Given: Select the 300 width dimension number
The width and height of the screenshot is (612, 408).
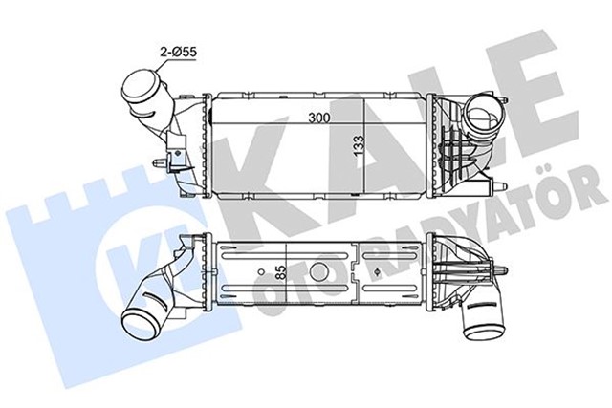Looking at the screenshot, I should [x=308, y=119].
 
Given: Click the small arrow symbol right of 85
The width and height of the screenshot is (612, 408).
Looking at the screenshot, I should [x=382, y=271].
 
